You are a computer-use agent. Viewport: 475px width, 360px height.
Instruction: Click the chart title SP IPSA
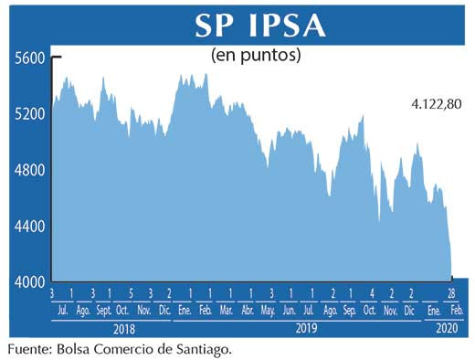[260, 25]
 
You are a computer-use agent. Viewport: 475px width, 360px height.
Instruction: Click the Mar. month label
[227, 310]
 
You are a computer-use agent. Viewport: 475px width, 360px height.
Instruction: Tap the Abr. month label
[248, 310]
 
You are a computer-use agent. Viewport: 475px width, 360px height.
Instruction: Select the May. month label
[269, 310]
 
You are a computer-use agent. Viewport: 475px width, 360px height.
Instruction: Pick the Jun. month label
[291, 310]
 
